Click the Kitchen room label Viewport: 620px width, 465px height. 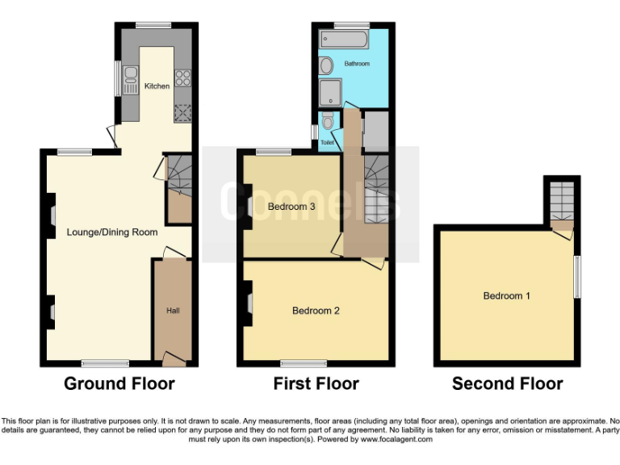[157, 86]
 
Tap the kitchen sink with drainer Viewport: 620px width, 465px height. [131, 79]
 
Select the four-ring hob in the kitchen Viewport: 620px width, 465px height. [182, 78]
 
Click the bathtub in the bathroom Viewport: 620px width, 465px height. [345, 39]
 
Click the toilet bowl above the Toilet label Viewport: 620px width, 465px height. [326, 122]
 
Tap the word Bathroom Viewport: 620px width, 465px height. [357, 63]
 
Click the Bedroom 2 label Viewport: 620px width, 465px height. [316, 310]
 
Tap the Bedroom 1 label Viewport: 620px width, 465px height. [506, 295]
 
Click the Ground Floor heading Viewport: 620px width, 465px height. [119, 383]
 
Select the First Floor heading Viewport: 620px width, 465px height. [316, 383]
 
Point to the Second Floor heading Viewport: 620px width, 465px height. [507, 383]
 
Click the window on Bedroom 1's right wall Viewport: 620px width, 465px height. [577, 277]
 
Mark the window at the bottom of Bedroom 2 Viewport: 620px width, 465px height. [304, 363]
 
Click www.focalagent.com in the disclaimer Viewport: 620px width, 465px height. [396, 440]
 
